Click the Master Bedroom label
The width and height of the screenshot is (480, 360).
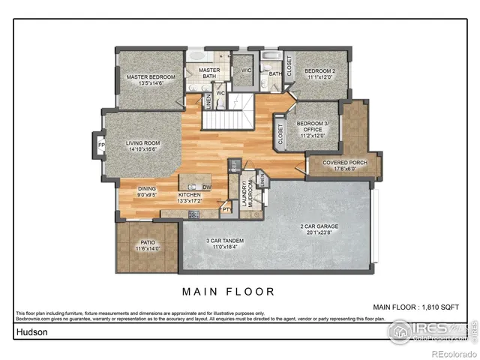[x=151, y=80]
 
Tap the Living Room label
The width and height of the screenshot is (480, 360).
[x=142, y=146]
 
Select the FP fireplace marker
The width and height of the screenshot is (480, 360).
[x=98, y=145]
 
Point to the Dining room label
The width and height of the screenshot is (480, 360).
[x=146, y=192]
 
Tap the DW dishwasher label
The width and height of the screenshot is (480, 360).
[x=207, y=187]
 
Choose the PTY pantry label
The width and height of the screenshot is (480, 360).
[x=226, y=211]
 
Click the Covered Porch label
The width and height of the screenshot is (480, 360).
[x=345, y=166]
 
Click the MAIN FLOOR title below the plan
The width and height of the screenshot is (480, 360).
[x=229, y=291]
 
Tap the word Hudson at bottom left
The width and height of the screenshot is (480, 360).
[x=30, y=331]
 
